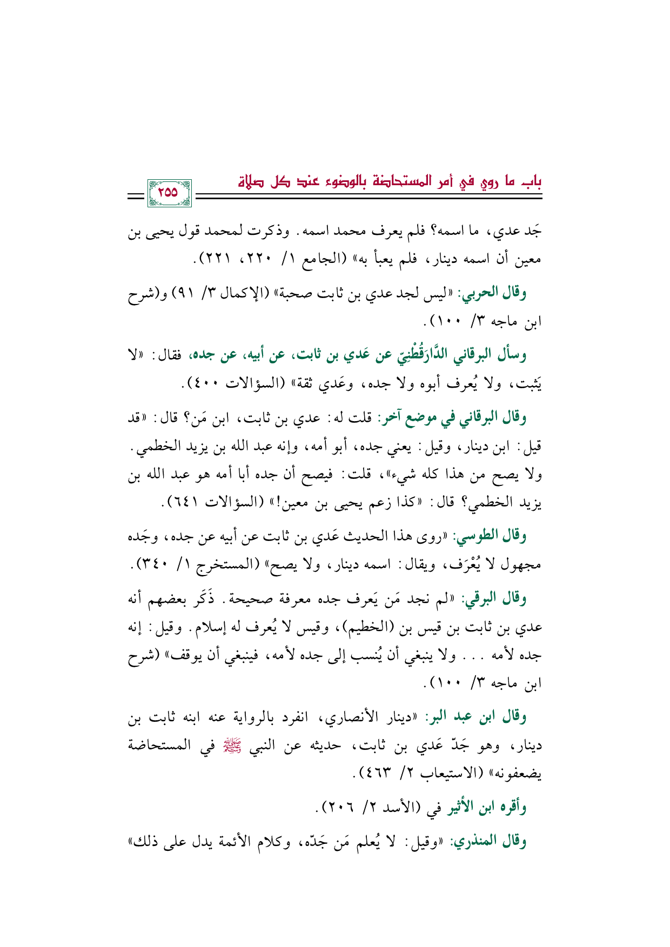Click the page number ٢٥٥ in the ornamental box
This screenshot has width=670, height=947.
coord(168,192)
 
